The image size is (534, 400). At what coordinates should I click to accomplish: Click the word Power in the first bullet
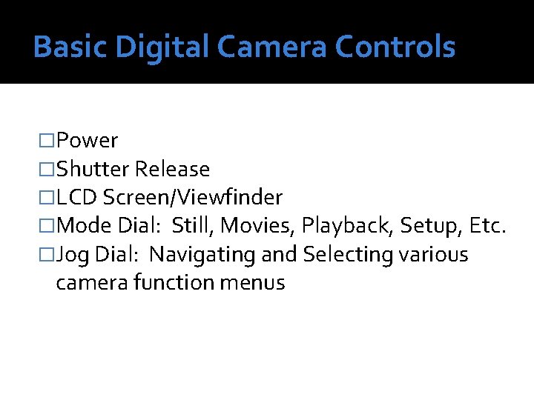[87, 141]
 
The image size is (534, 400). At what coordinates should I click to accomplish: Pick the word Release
[172, 170]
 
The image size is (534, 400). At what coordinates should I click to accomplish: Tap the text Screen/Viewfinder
[193, 198]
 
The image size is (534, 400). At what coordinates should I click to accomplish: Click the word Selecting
[348, 255]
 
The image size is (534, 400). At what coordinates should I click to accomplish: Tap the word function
[174, 282]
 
